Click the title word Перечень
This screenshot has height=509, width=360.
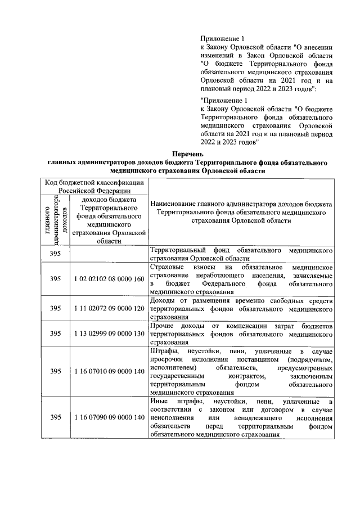tap(188, 154)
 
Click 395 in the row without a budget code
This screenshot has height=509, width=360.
tap(55, 254)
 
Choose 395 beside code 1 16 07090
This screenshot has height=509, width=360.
tap(55, 418)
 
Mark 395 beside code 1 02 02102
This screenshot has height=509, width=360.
tap(55, 279)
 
